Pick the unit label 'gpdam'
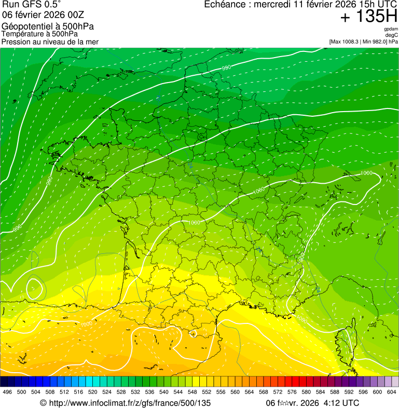coord(390,29)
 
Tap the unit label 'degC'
coord(392,35)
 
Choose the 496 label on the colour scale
coord(7,392)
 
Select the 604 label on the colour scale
coord(391,392)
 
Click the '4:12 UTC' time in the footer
coord(341,403)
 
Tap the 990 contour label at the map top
coord(226,68)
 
